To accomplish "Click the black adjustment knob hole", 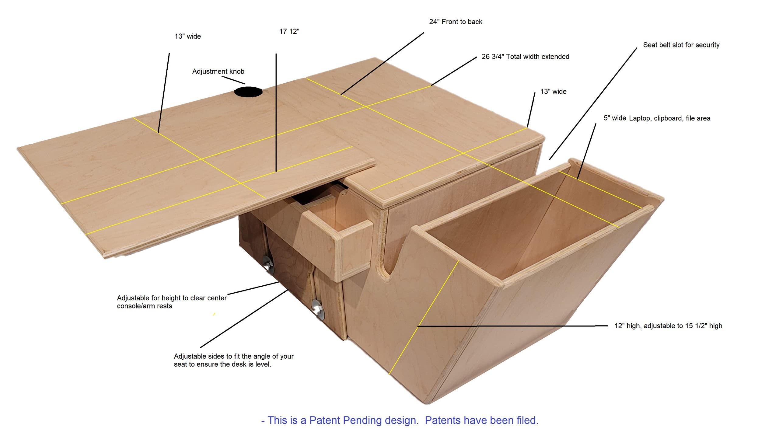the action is (x=248, y=92).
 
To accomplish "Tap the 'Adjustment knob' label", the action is (x=218, y=71).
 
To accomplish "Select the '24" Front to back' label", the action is (x=456, y=22).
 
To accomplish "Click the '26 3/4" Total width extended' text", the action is (x=525, y=57).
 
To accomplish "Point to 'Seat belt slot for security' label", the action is (x=681, y=45).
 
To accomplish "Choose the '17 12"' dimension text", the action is (x=289, y=32).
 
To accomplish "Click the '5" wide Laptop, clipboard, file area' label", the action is (x=657, y=118).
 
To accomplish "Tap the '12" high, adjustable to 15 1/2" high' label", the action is (x=668, y=326).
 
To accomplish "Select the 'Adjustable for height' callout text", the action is (x=172, y=302).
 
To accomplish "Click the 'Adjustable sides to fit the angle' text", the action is (x=234, y=360).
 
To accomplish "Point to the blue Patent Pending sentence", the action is (x=400, y=420).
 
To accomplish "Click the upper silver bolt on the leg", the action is (x=268, y=264).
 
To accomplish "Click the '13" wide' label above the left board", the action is (x=188, y=37).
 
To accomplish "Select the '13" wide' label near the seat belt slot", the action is (x=553, y=92).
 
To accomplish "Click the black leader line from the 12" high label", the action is (x=512, y=326).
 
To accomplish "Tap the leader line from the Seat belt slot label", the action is (x=593, y=103).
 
